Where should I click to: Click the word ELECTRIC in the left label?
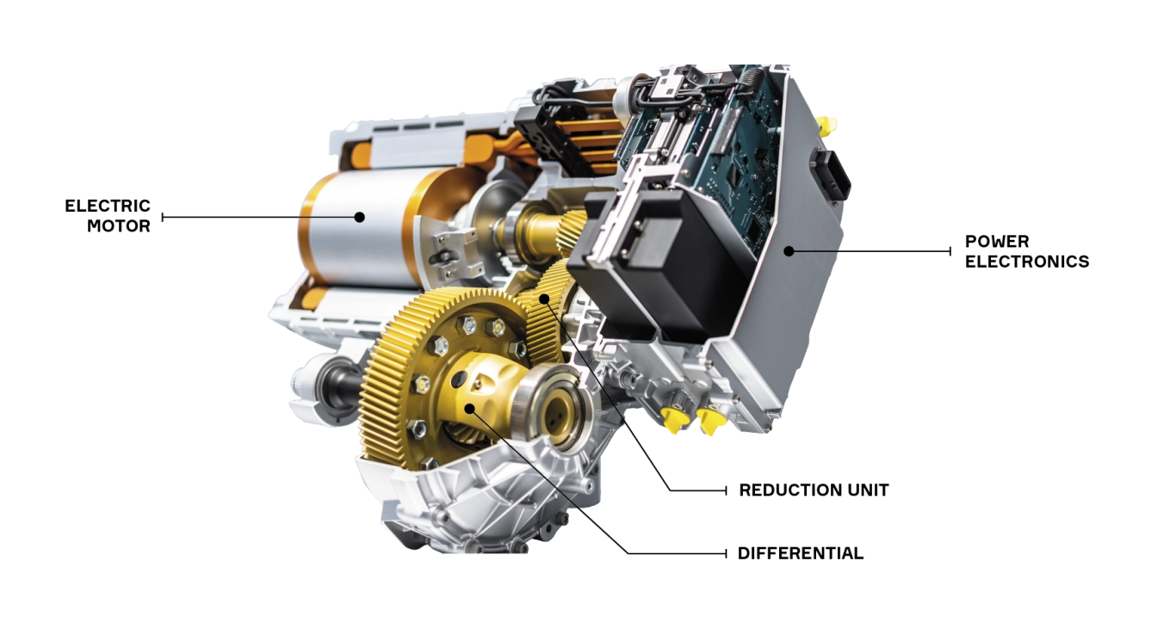click(x=108, y=206)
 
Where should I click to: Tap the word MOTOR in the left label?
click(x=119, y=226)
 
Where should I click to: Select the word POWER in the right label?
click(x=997, y=242)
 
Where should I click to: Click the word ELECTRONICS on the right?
click(x=1027, y=262)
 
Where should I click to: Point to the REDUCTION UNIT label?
click(x=814, y=490)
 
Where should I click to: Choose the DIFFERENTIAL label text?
click(x=800, y=553)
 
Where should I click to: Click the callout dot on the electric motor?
click(x=360, y=217)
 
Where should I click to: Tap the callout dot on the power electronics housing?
click(x=789, y=251)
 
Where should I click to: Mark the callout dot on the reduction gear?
click(x=545, y=299)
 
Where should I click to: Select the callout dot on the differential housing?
click(x=470, y=409)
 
